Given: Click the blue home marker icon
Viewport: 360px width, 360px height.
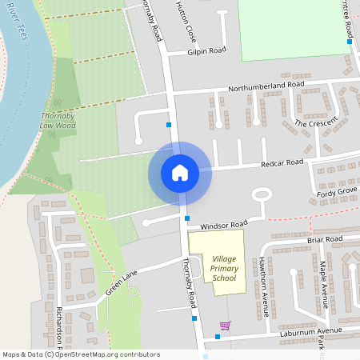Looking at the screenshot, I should pos(180,173).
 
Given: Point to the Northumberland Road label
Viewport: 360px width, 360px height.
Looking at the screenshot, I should pos(266,85).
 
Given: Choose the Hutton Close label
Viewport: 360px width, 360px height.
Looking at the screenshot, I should pos(191,22).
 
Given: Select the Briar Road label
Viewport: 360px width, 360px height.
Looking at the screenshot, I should pos(324,239).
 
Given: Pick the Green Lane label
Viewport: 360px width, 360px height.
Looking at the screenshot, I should pos(120,282).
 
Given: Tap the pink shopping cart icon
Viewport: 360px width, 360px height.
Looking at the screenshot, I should pos(225,326).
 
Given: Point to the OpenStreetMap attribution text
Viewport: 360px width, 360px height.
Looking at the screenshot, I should pos(81,354).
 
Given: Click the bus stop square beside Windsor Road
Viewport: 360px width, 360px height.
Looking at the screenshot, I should pos(187,218).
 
